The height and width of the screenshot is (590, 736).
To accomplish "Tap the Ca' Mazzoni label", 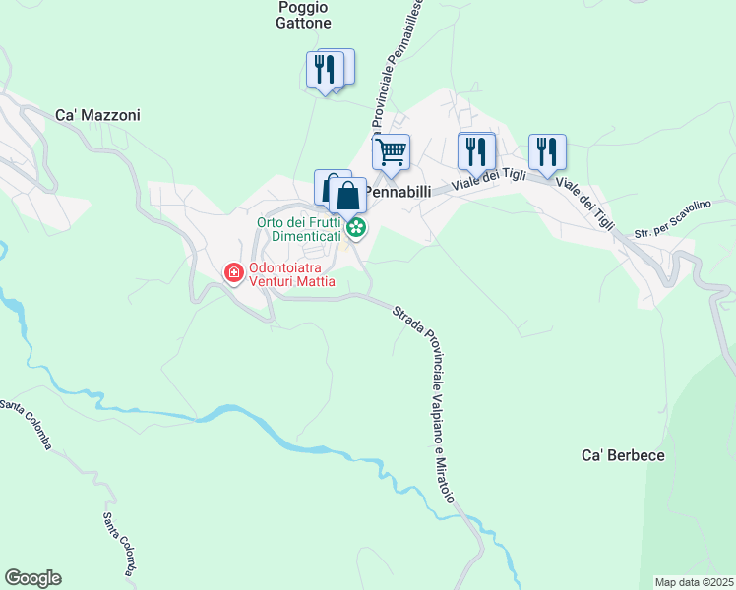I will point(97,115).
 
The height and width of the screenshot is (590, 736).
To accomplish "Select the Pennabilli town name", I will point(399,192).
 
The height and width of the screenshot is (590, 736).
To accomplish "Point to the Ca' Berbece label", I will point(624,455).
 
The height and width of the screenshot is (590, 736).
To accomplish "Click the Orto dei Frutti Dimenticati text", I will point(299,229).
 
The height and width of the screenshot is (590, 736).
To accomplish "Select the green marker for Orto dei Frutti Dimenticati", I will point(356,229).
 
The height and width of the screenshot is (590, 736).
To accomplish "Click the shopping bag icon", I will point(347,195).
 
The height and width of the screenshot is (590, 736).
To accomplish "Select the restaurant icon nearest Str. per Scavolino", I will point(547,151).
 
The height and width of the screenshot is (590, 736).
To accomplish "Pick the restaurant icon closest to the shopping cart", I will point(475,151).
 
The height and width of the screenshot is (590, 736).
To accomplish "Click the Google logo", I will point(32,578).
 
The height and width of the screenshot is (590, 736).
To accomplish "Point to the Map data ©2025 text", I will point(695,582).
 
